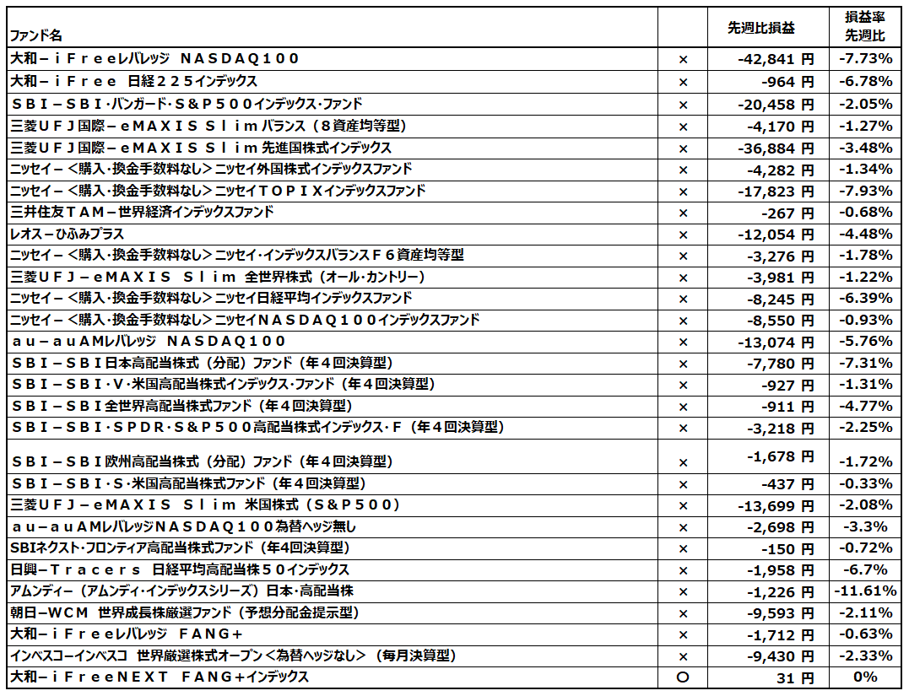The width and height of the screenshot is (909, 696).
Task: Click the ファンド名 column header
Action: [x=35, y=35]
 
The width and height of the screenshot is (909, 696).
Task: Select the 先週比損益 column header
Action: [x=760, y=28]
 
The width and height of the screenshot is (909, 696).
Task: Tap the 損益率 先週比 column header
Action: [x=864, y=26]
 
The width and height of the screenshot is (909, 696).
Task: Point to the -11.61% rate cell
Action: [x=865, y=591]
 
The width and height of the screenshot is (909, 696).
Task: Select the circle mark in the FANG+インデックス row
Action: [x=684, y=677]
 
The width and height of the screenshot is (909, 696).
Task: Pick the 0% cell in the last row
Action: [x=865, y=677]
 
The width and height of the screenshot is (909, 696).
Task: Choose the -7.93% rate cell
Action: [x=865, y=191]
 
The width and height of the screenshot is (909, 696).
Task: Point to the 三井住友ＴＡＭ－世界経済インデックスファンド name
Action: [x=142, y=212]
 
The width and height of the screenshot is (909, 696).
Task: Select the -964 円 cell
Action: [x=787, y=82]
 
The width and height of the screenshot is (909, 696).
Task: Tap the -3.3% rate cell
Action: [x=865, y=527]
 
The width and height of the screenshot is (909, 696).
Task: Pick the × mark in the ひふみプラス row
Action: [x=684, y=235]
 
